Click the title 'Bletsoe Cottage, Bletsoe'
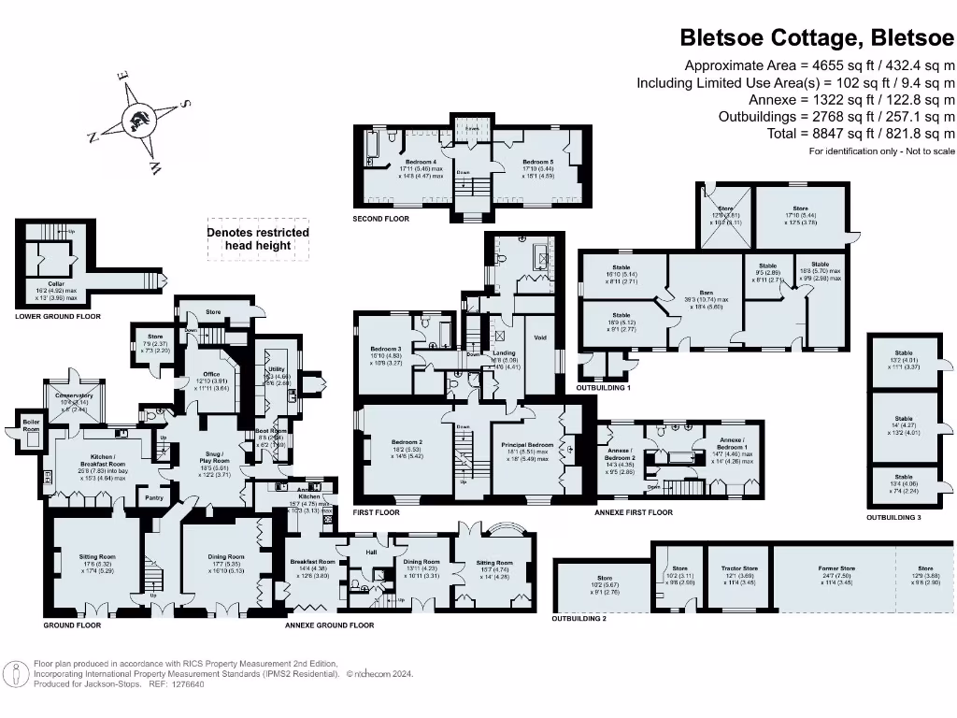[817, 38]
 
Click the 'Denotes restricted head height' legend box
[257, 238]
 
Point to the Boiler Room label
[32, 424]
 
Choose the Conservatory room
[74, 395]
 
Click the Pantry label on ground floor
[156, 498]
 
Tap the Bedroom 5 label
[538, 162]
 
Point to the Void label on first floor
[539, 337]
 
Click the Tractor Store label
[739, 567]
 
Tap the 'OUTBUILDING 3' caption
[900, 517]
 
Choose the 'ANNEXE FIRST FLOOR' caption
[634, 512]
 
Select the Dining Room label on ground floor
[227, 557]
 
